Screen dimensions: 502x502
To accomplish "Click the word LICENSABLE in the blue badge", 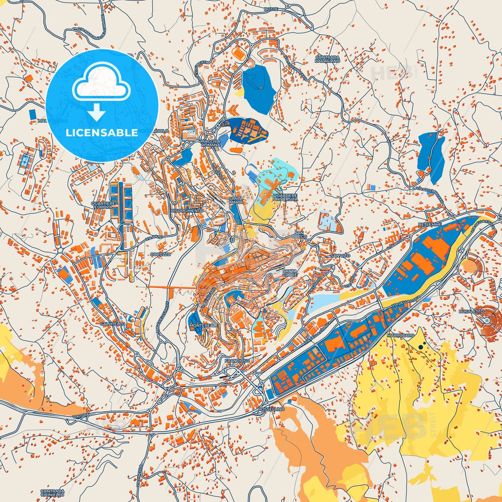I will pos(102,133).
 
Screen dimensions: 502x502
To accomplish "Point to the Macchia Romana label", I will pos(210,143).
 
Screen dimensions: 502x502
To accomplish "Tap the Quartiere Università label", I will pos(285,197).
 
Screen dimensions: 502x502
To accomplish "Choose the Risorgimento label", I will pos(187,211).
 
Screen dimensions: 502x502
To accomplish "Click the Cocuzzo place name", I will pos(160,254).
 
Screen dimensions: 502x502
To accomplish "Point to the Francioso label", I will pos(237,361).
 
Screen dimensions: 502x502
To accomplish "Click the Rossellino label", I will pos(271,409).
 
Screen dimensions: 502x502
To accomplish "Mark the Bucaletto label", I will pos(471,312).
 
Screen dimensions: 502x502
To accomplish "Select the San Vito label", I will pos(340,255).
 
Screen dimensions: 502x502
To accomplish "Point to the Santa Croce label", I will pos(290,273).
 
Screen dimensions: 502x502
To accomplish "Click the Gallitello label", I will pos(107,323).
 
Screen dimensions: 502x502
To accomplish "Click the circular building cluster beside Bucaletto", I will pos(488,319).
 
